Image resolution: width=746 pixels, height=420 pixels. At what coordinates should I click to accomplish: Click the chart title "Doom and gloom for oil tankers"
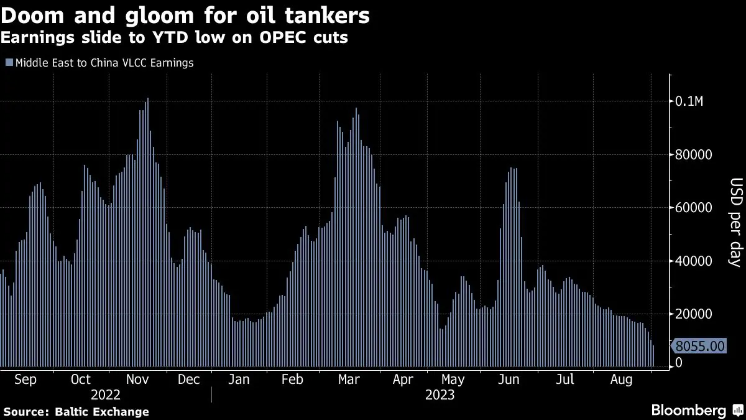(185, 15)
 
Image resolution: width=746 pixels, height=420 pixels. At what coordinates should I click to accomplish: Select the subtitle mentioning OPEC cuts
(174, 38)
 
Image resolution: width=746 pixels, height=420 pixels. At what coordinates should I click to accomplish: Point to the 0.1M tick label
(690, 101)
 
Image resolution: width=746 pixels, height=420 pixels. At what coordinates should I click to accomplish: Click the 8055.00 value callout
(699, 346)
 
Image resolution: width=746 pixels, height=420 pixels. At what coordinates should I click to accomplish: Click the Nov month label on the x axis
(136, 380)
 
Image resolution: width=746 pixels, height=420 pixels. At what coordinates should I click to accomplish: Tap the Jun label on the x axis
(509, 380)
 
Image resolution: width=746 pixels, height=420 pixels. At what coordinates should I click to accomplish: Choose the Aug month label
(622, 380)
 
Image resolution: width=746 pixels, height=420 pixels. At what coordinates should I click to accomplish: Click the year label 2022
(106, 395)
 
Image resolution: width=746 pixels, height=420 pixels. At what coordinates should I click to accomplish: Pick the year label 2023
(440, 395)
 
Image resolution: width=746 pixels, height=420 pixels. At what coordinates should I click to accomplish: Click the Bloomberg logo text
(688, 410)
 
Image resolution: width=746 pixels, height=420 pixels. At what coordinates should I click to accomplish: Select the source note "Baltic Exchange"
(102, 411)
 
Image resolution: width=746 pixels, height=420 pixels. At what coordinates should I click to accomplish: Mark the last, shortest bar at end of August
(653, 357)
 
